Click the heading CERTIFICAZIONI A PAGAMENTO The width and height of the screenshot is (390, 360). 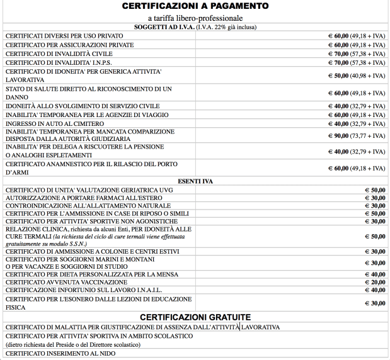[x=195, y=6]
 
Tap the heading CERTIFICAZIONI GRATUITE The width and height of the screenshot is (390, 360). [x=195, y=317]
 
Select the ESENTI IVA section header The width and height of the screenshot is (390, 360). [x=195, y=181]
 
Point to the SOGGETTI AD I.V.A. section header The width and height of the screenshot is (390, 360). [x=195, y=26]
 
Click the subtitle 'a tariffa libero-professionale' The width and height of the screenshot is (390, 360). [x=195, y=18]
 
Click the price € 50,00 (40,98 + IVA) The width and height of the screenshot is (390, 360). [x=356, y=76]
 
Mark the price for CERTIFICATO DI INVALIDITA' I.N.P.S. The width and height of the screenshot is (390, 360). [x=356, y=62]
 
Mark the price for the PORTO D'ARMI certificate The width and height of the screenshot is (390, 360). [x=356, y=168]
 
